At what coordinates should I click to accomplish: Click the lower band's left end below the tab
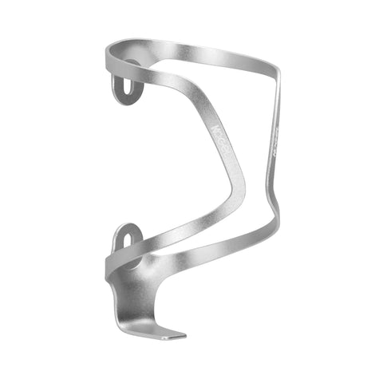point(112,267)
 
